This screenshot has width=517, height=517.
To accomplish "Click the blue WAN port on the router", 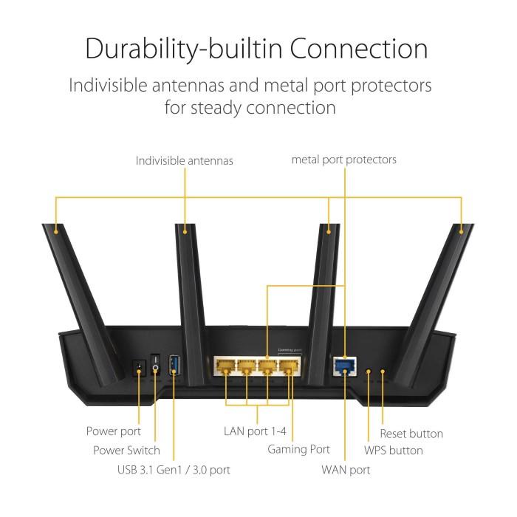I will tap(343, 365).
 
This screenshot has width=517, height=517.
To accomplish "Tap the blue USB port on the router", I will tap(174, 366).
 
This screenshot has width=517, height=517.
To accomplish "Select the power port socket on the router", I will tap(138, 366).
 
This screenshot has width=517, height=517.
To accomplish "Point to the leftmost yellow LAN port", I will tap(225, 366).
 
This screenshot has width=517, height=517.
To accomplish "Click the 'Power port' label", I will tap(113, 431).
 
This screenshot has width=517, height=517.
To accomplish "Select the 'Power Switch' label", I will tap(126, 450).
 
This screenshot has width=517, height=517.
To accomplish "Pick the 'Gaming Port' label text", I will tap(298, 449).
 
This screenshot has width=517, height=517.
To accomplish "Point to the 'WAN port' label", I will tap(346, 469).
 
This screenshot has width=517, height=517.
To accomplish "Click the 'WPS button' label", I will tap(394, 450).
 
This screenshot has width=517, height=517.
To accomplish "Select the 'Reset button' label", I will tap(411, 434).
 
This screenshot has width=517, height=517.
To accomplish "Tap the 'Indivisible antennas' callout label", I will tap(184, 160).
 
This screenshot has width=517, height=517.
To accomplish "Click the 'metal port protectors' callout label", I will tap(343, 160).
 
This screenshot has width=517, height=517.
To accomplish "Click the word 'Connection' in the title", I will tap(358, 49).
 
